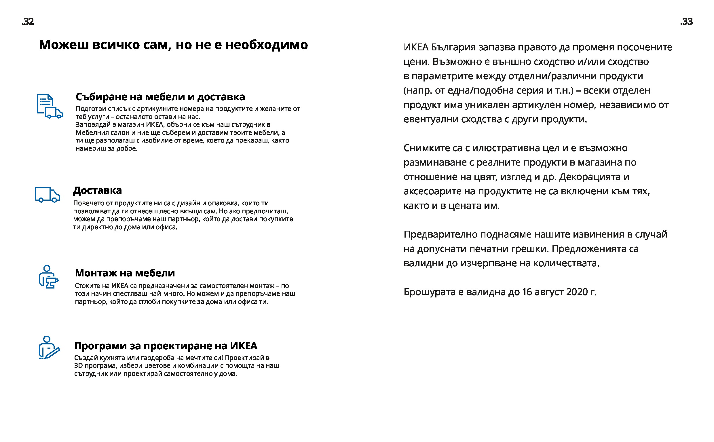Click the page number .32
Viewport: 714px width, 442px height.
[x=28, y=22]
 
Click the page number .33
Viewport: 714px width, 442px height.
[x=686, y=22]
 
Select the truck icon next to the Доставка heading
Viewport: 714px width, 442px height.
[x=47, y=194]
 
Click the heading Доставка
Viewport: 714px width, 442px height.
[x=97, y=190]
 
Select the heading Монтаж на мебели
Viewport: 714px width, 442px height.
[x=125, y=273]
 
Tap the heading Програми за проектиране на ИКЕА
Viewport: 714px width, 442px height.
[x=166, y=346]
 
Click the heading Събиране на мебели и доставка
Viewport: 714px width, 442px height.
[x=160, y=96]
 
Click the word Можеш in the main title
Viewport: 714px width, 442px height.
[x=64, y=45]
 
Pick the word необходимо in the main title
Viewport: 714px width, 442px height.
[x=267, y=45]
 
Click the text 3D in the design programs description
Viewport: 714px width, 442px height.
[x=78, y=365]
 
